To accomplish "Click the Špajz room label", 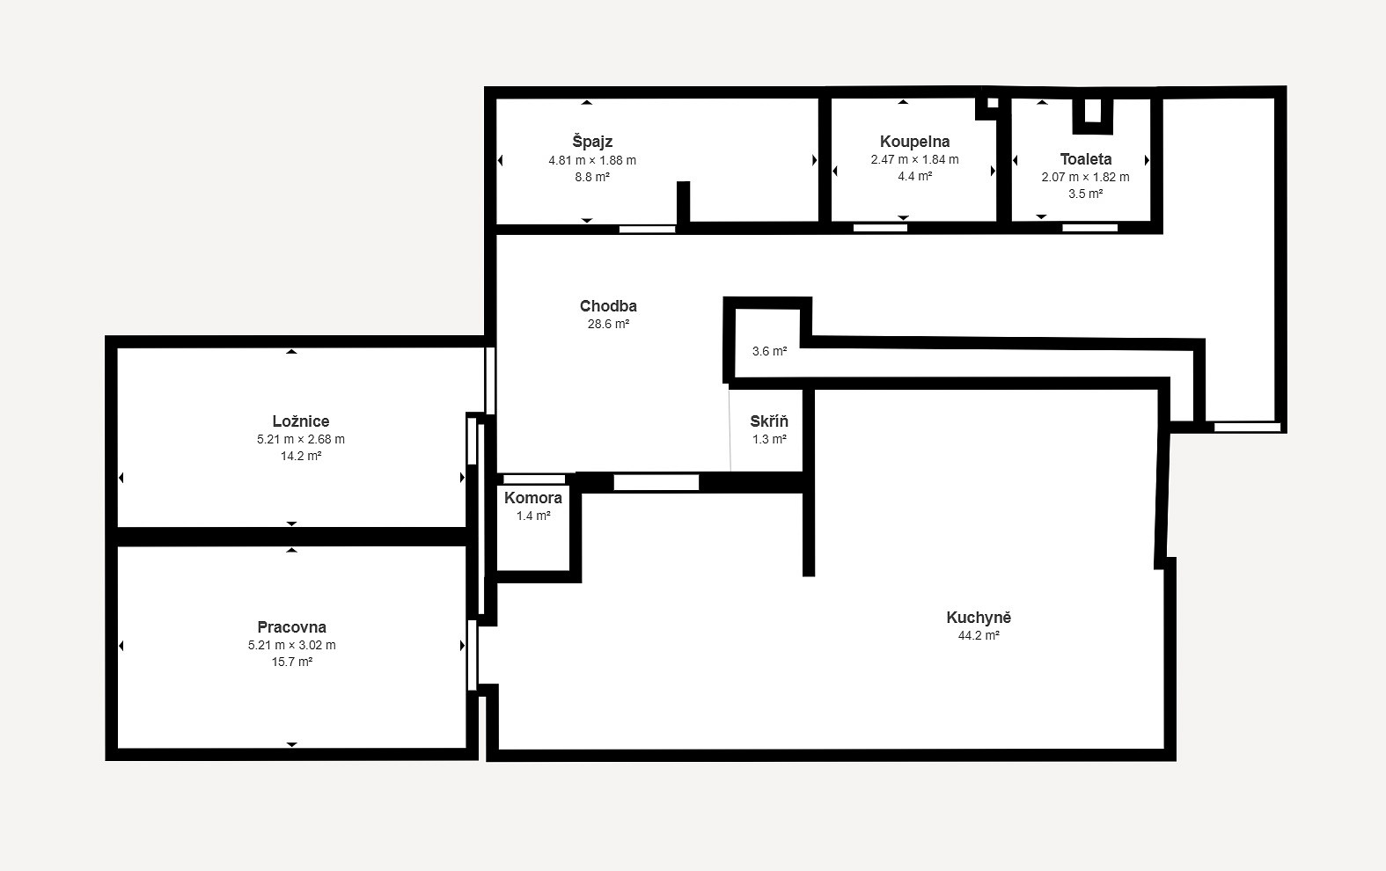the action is click(592, 142).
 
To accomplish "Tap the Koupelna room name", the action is click(914, 142).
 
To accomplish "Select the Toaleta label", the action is click(1085, 159).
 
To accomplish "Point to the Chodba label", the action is click(608, 305).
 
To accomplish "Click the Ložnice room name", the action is click(301, 421).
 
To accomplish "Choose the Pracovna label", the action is click(291, 626).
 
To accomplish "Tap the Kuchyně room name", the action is click(979, 617).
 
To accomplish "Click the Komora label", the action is click(532, 497).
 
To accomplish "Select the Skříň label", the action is click(769, 421).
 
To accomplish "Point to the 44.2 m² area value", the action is click(979, 635).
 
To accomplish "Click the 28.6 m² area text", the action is click(608, 324).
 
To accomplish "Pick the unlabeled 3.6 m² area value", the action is click(769, 351).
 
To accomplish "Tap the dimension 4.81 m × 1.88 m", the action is click(592, 160).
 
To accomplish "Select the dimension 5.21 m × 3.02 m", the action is click(291, 645).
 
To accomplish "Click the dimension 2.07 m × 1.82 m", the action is click(1085, 177).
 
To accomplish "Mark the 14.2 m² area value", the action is click(301, 456).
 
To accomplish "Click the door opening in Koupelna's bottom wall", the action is click(880, 228).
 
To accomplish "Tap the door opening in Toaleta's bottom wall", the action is click(1089, 228).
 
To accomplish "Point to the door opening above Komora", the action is click(534, 479).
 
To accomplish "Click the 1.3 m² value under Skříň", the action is click(769, 439).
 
